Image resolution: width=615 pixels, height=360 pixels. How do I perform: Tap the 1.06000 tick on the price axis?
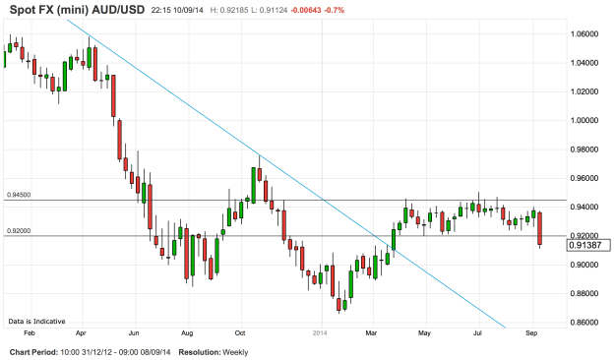click(584, 33)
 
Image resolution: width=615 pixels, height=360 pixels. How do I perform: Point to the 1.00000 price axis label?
click(584, 121)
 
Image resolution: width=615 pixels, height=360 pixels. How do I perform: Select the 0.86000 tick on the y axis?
click(584, 323)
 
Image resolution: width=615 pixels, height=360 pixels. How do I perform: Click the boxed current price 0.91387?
click(584, 246)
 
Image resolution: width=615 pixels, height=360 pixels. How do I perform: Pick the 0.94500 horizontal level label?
click(20, 195)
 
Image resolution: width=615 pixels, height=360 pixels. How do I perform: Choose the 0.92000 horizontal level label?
click(20, 230)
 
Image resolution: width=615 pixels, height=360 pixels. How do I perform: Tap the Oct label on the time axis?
click(240, 333)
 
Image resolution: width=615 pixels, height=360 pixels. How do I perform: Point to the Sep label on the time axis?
click(530, 333)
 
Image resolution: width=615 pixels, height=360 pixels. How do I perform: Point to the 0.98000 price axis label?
click(584, 150)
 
